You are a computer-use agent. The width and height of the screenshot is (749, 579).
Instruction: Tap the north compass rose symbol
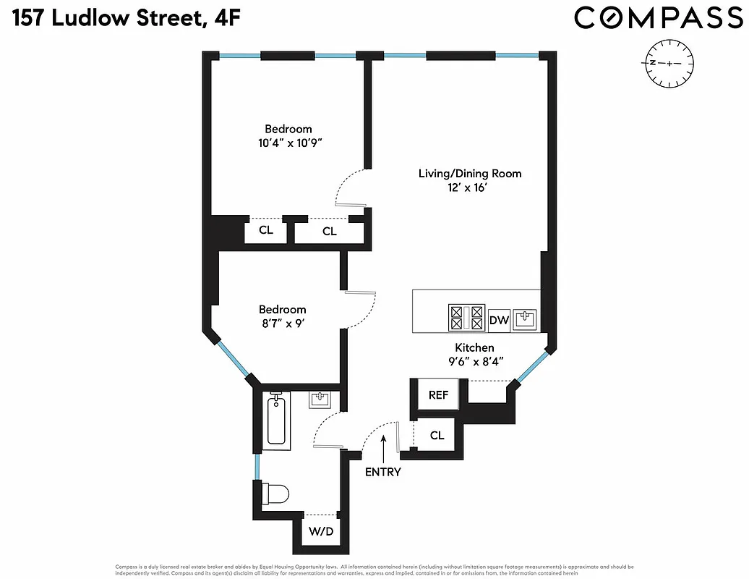tap(670, 64)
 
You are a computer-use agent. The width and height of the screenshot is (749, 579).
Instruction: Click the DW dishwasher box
tap(498, 319)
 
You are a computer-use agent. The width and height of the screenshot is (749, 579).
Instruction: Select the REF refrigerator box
tap(439, 395)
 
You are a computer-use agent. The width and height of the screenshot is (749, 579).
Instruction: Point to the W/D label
tap(321, 532)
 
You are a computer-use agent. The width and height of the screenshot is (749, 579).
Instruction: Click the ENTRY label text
tap(383, 472)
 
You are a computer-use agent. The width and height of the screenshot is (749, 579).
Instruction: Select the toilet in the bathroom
tap(275, 494)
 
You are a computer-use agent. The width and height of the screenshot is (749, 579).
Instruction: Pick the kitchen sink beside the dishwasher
tap(526, 318)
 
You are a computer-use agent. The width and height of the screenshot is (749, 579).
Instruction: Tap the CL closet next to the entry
tap(437, 436)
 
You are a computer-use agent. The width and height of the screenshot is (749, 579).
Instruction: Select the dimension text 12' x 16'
tap(470, 188)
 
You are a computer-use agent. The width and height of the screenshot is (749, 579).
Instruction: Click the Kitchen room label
tap(474, 347)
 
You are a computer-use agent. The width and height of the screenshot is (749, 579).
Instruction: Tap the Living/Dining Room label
tap(470, 174)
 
